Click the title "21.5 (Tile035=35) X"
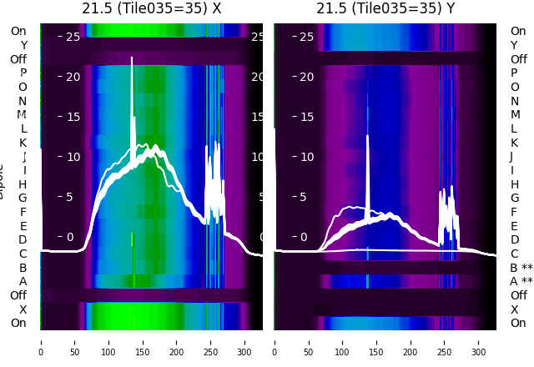[x=152, y=9]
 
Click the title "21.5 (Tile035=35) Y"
[x=385, y=9]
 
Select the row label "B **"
[x=521, y=268]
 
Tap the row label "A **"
[x=521, y=282]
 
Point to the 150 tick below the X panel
[x=143, y=341]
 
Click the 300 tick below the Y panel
[x=479, y=341]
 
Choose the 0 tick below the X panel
[x=40, y=341]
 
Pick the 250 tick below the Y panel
[x=445, y=341]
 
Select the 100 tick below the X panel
[x=108, y=341]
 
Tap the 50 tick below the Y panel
[x=308, y=341]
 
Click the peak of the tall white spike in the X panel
[x=132, y=58]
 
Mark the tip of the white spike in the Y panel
[x=367, y=136]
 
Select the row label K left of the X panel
[x=23, y=143]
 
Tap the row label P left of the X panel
[x=23, y=73]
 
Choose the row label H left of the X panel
[x=23, y=184]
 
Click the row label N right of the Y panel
[x=514, y=101]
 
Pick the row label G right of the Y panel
[x=514, y=199]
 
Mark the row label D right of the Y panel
[x=514, y=240]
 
